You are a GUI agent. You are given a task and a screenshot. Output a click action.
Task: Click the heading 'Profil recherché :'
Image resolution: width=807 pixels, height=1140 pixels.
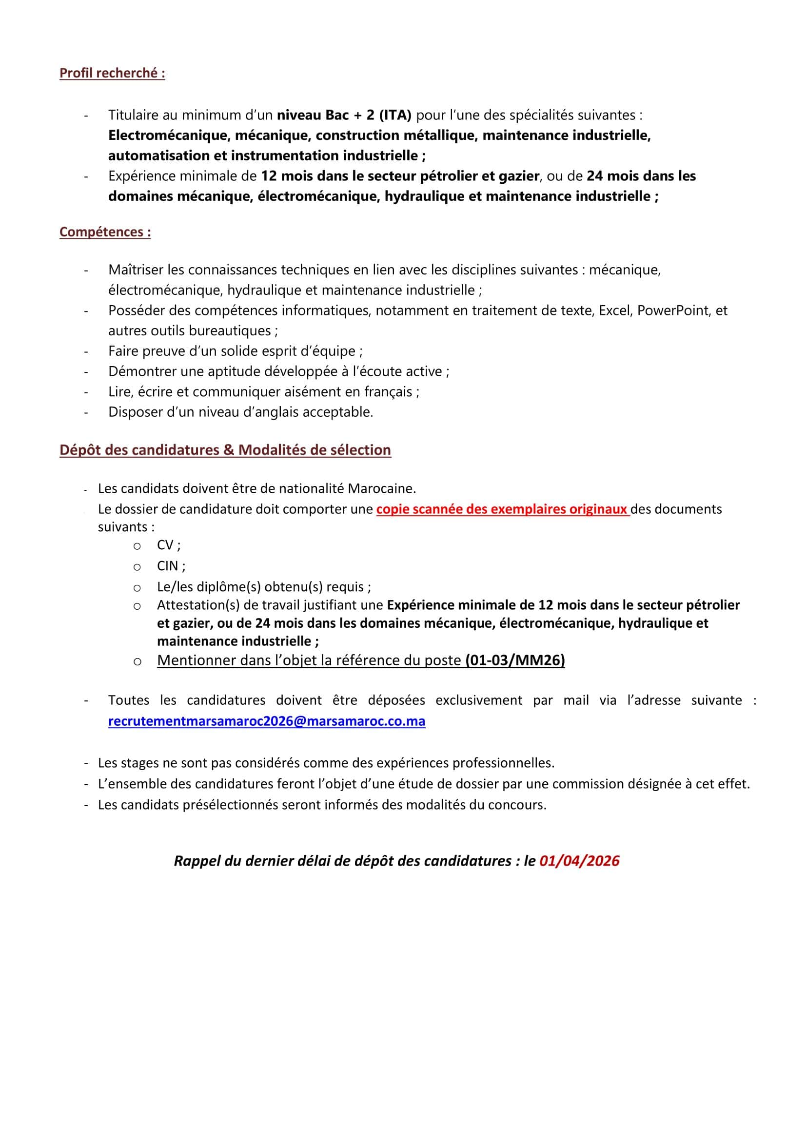(112, 73)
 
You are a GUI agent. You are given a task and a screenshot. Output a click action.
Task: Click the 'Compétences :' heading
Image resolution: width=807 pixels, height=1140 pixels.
(105, 232)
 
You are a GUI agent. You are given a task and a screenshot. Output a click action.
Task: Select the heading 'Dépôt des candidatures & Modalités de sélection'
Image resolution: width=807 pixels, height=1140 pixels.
(225, 449)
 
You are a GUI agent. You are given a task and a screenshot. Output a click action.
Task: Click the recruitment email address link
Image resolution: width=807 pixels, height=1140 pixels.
(267, 721)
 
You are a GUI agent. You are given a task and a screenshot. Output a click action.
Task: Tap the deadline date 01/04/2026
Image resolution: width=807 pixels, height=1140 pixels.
(579, 861)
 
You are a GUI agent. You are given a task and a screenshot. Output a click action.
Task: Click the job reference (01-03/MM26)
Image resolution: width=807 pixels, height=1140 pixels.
(515, 660)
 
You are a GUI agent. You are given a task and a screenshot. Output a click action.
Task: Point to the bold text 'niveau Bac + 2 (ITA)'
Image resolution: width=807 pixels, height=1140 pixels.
(344, 115)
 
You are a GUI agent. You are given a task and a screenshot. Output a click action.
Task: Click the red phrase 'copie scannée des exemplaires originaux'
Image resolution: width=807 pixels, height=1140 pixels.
(501, 509)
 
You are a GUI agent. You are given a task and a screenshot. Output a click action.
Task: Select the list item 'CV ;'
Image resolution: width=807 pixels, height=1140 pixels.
(168, 545)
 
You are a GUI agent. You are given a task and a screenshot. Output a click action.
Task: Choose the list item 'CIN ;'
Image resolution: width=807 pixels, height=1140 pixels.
(171, 566)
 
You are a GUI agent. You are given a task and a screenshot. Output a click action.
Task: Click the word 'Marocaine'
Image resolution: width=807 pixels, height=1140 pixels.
(381, 489)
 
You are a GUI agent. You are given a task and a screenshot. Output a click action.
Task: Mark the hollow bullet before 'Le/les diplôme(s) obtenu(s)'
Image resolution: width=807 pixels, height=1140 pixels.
(137, 588)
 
